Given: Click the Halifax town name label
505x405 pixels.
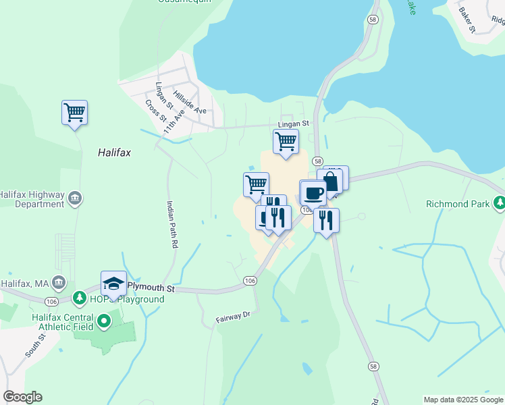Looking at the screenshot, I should click(113, 153).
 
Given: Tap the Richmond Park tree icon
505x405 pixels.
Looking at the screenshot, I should click(499, 202).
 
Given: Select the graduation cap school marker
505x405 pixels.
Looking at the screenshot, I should click(113, 284).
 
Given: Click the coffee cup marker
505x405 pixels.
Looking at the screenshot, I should click(313, 192).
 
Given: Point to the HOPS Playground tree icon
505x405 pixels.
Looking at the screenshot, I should click(79, 297).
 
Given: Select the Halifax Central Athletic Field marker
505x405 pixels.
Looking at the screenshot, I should click(103, 322).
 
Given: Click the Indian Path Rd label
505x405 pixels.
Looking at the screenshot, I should click(171, 225).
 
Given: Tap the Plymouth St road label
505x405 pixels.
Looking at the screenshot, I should click(151, 288).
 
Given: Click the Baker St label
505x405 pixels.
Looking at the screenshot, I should click(467, 20).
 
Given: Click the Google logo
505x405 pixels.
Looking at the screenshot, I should click(22, 397).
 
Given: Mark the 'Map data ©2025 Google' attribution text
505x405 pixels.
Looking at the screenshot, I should click(462, 400).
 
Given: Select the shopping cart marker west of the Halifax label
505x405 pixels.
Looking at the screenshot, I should click(74, 113).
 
